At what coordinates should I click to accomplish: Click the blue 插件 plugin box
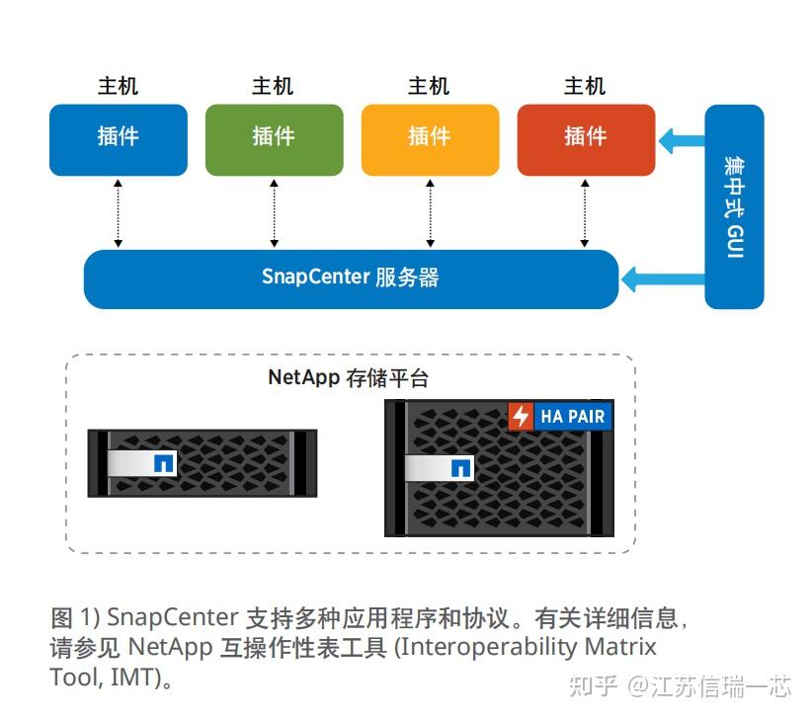click(119, 139)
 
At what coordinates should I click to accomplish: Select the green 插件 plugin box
click(274, 139)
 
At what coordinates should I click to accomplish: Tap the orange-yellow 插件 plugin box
click(430, 139)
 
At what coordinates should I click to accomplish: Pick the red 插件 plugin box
click(586, 139)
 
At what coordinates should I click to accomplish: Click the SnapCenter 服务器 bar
click(351, 279)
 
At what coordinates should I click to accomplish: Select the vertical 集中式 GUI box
click(734, 206)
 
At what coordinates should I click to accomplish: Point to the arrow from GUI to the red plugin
click(681, 140)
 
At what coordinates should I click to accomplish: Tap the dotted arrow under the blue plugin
click(119, 212)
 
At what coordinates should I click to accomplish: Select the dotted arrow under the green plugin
click(274, 212)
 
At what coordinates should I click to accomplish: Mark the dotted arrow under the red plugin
click(586, 212)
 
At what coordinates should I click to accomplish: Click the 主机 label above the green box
click(273, 87)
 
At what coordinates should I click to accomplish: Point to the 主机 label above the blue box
click(118, 87)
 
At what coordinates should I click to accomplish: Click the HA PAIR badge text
click(573, 417)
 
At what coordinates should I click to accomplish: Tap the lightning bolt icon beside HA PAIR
click(521, 417)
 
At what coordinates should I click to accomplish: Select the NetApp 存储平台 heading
click(349, 378)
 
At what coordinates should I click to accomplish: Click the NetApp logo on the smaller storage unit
click(164, 461)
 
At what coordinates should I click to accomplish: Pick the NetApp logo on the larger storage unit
click(460, 468)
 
